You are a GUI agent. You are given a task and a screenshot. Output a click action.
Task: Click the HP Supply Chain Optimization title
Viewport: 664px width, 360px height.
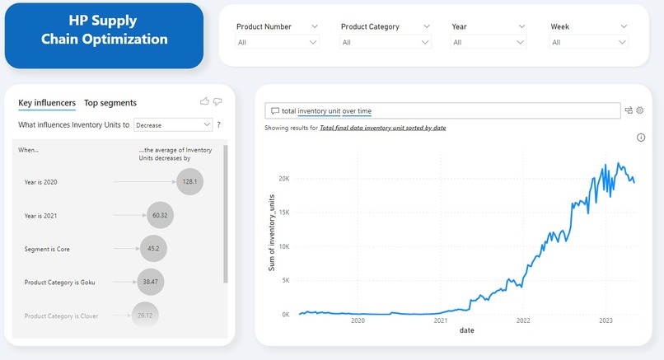[x=105, y=30]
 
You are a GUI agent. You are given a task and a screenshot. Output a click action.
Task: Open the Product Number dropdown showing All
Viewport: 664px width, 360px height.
[x=278, y=42]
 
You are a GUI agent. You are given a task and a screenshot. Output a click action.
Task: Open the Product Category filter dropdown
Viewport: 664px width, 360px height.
[x=386, y=42]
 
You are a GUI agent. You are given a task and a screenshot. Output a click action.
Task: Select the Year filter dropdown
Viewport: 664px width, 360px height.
[x=489, y=42]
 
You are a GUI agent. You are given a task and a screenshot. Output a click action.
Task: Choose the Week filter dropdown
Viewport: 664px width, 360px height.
[x=589, y=42]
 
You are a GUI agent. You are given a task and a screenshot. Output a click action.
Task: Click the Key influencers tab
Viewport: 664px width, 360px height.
[x=47, y=103]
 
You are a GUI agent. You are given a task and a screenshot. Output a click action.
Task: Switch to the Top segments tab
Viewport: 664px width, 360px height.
[x=110, y=103]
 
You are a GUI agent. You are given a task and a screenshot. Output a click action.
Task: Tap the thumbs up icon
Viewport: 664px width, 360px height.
[x=204, y=101]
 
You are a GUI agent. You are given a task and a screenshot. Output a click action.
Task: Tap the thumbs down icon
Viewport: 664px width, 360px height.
[x=217, y=101]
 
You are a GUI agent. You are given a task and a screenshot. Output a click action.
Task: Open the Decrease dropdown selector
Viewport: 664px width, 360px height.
[x=173, y=125]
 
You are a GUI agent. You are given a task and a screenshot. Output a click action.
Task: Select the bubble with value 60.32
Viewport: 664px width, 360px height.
[x=160, y=215]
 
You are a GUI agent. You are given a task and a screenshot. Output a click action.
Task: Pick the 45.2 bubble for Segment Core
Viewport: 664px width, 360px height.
[x=154, y=248]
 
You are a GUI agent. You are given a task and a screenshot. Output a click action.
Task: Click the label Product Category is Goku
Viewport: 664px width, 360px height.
[x=60, y=282]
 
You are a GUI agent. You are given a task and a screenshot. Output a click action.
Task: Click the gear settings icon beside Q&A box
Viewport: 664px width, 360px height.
[x=639, y=110]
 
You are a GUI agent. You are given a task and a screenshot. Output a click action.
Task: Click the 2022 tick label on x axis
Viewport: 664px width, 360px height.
[x=523, y=321]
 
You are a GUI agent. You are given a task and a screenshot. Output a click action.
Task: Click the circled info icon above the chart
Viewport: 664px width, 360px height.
[x=640, y=138]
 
